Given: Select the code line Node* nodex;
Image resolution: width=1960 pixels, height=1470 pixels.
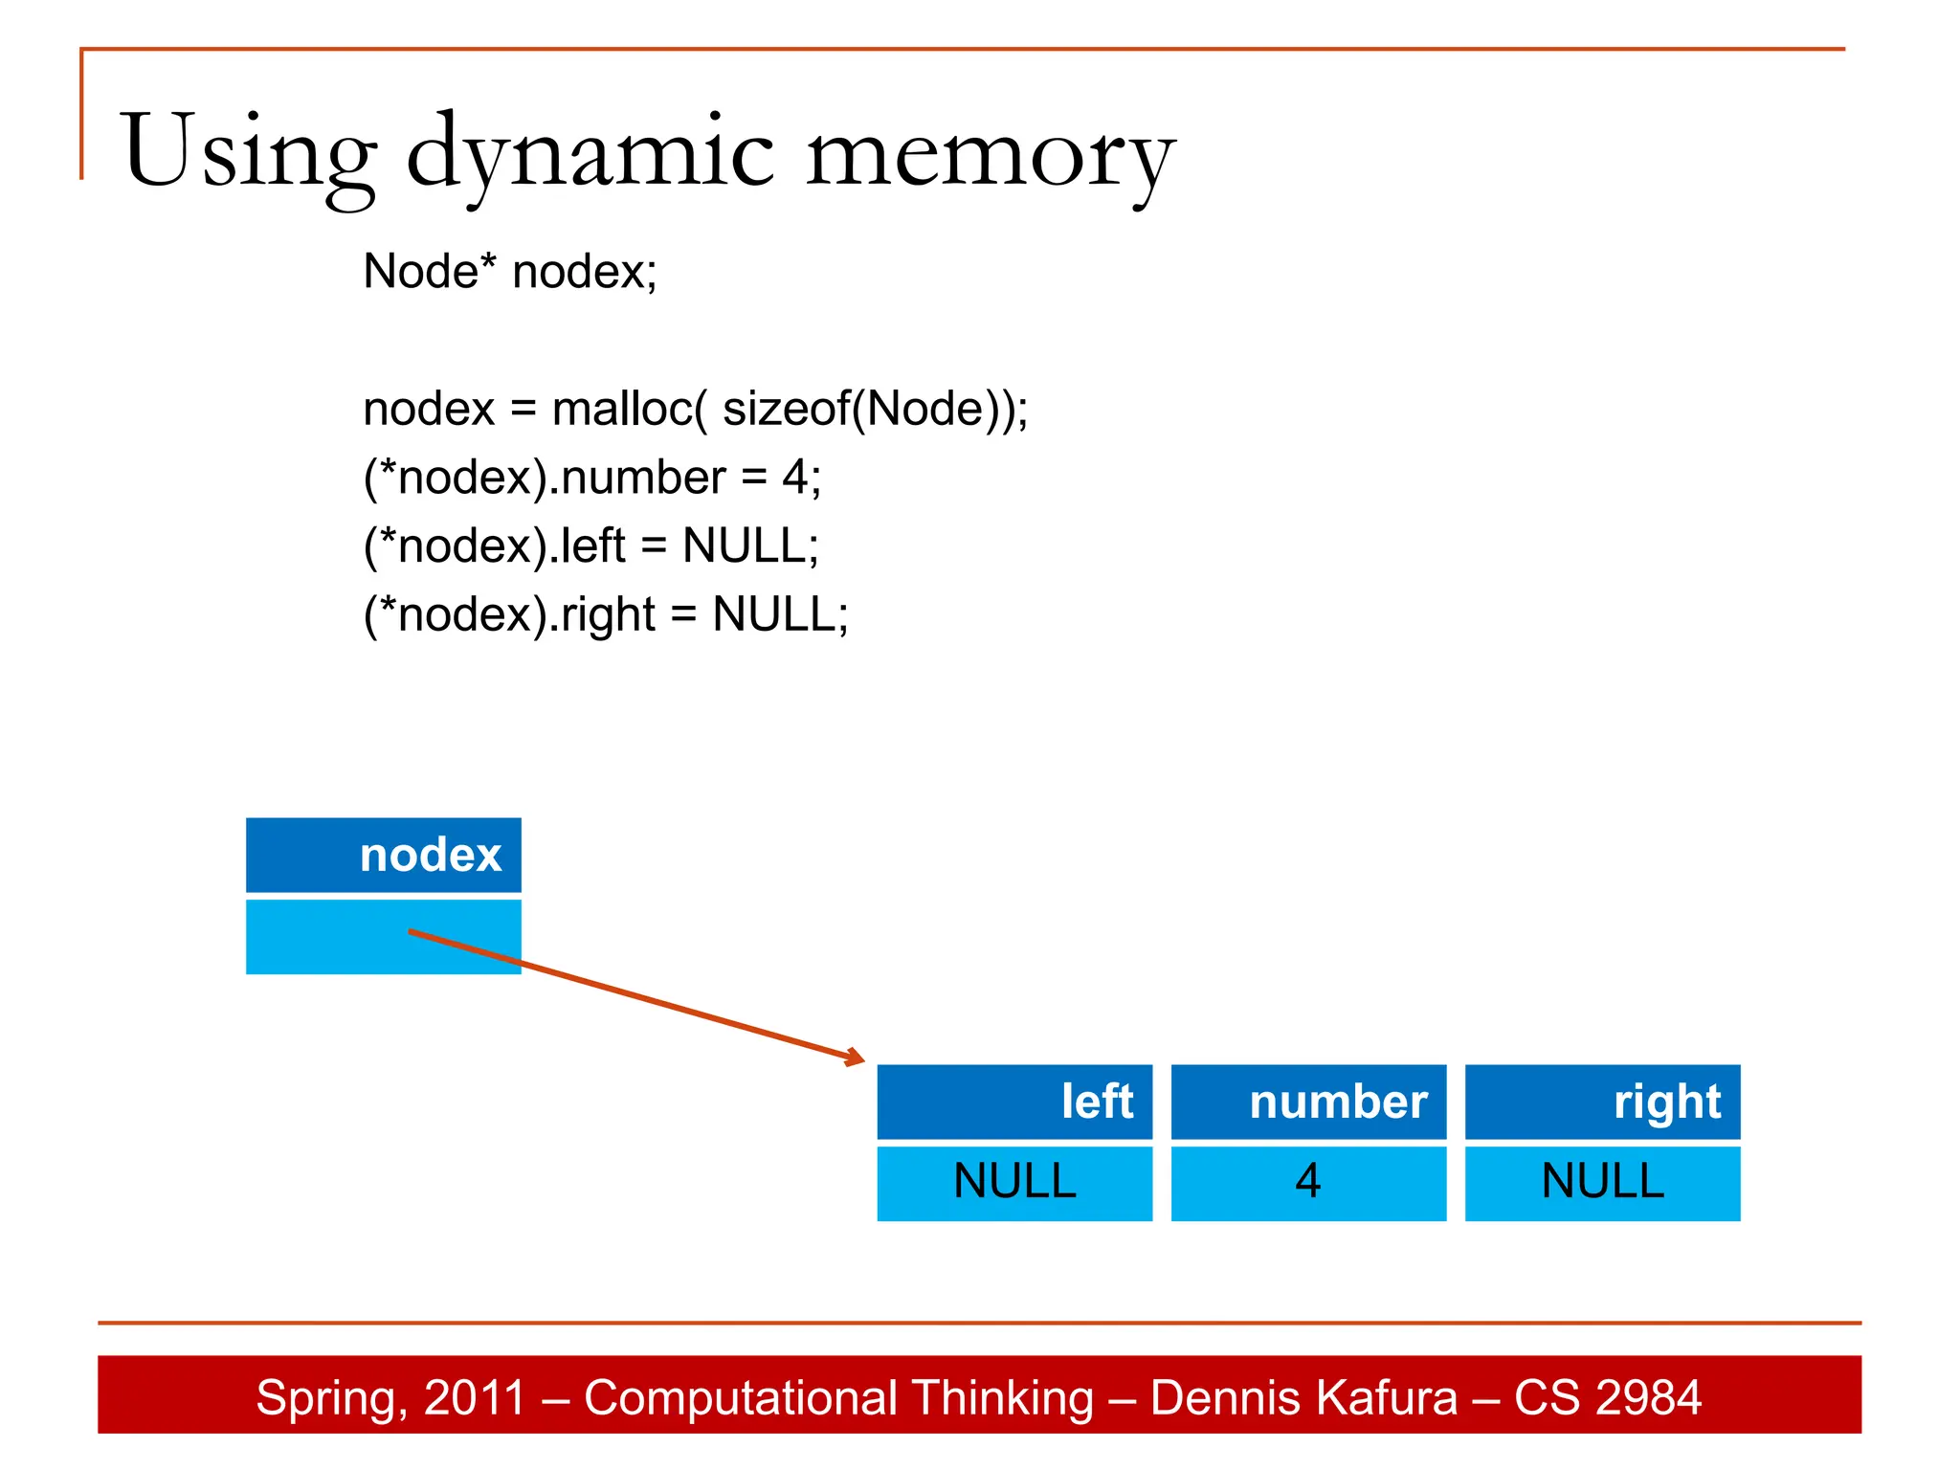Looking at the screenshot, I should click(510, 272).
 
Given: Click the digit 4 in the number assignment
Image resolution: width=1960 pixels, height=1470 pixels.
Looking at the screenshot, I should click(794, 478).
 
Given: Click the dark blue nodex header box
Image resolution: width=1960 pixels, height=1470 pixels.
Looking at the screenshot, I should click(383, 855).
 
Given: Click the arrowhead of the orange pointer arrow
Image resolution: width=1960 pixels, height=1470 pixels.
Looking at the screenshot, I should click(856, 1058).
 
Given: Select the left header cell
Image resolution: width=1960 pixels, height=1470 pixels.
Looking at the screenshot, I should click(1014, 1102).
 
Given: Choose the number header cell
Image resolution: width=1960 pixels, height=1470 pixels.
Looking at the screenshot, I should click(1308, 1102).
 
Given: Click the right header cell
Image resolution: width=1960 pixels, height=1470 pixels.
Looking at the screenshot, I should click(1602, 1102).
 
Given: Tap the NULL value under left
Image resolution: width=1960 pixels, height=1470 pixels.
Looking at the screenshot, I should click(1014, 1181).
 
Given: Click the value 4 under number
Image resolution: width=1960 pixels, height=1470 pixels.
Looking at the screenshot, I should click(1308, 1181).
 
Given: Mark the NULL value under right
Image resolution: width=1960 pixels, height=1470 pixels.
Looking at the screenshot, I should click(1602, 1181).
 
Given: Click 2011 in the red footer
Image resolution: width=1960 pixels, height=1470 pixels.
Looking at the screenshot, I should click(475, 1397).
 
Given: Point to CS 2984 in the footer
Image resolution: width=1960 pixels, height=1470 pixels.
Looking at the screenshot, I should click(1607, 1397).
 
